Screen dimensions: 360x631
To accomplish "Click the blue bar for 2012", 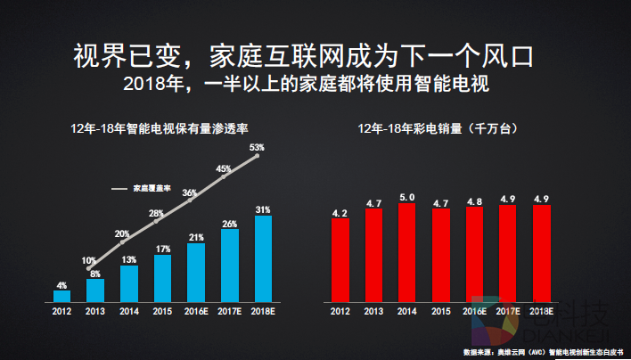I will [61, 295].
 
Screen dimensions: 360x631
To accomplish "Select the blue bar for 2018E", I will [263, 258].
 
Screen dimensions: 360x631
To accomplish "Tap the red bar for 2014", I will [407, 252].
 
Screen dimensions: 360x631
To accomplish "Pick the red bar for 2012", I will [340, 259].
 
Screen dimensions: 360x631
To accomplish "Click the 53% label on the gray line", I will [258, 147].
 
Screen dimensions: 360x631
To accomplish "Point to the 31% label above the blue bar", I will [263, 209].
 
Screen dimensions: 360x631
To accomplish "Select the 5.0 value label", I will [407, 197].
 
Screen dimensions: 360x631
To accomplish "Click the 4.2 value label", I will [340, 213].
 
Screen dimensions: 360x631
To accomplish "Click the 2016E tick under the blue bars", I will [196, 311].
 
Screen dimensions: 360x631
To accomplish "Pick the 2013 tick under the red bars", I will [373, 311].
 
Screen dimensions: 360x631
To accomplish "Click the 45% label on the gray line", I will [224, 168].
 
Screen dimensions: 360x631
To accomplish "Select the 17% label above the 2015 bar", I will [162, 249].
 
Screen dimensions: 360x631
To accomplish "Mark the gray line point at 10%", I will [87, 268].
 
